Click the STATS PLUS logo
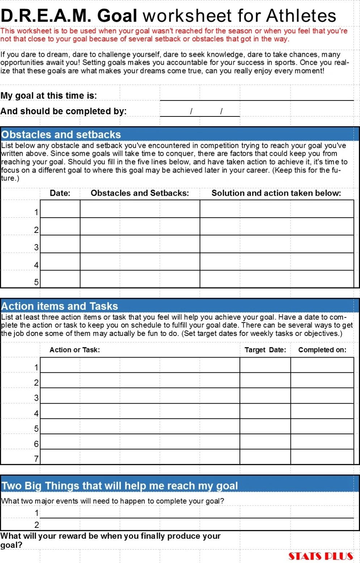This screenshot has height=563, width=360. [321, 556]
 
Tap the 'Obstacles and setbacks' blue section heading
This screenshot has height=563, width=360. [61, 135]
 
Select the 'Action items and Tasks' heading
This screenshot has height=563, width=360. [60, 306]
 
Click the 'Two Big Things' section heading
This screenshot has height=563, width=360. [120, 486]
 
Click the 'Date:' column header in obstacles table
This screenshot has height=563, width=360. [60, 193]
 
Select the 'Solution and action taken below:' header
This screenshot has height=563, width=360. [276, 193]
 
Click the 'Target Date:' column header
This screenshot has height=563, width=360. [265, 350]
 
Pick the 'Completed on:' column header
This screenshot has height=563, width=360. [322, 350]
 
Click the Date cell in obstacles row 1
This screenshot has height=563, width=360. [60, 209]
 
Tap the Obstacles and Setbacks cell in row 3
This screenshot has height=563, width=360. [140, 244]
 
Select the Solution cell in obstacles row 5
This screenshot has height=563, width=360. [277, 279]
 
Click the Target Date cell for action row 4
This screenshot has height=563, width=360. [265, 411]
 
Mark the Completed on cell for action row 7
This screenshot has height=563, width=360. [322, 457]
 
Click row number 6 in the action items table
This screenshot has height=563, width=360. [36, 444]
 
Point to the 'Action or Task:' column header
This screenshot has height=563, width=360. [75, 350]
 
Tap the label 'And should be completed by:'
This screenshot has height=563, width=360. [64, 111]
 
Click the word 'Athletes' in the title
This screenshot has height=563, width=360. [301, 16]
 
